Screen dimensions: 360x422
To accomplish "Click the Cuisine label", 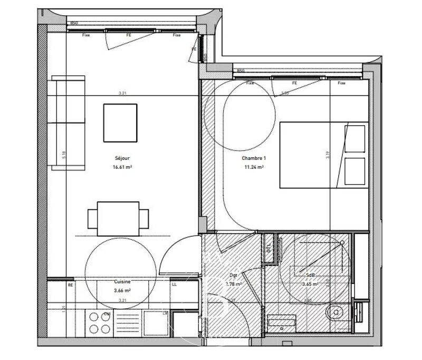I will tap(122, 282).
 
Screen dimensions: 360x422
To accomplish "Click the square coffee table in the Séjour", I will tap(120, 122).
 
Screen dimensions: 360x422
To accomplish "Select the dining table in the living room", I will tap(118, 218).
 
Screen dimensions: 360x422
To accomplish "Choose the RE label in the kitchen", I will tap(70, 285).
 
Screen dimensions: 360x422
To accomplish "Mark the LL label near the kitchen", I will tap(174, 285).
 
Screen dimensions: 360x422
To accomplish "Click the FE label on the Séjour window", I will tap(128, 35).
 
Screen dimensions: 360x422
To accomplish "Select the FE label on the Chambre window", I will tap(294, 83).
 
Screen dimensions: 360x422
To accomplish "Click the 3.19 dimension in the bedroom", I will tap(327, 155).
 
